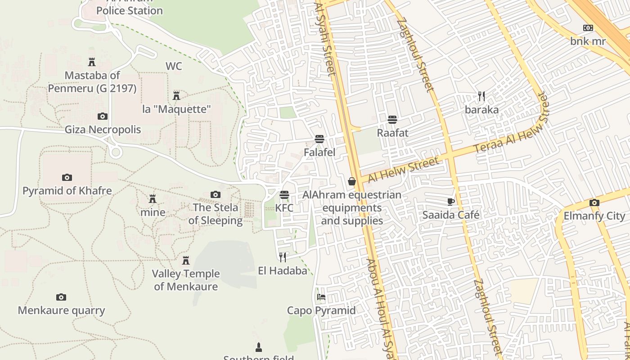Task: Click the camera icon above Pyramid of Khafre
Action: click(67, 177)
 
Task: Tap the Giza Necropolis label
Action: click(103, 130)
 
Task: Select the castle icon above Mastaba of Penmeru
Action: click(92, 62)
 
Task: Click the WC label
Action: click(174, 66)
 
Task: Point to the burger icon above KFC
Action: click(284, 195)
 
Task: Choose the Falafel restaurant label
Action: click(319, 152)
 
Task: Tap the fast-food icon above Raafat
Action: click(392, 119)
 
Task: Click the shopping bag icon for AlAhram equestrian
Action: click(352, 181)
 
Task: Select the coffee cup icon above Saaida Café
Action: click(451, 202)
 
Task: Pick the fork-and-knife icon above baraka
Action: click(481, 96)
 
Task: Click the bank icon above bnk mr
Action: click(588, 28)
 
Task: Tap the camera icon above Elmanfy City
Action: click(594, 202)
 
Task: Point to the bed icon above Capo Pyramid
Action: click(321, 297)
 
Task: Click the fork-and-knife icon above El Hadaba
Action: click(283, 257)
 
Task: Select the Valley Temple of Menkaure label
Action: click(186, 280)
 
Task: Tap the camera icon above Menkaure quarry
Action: click(61, 297)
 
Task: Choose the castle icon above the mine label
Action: click(153, 199)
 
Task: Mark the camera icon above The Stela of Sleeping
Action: click(216, 194)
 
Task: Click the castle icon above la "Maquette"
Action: click(176, 96)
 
